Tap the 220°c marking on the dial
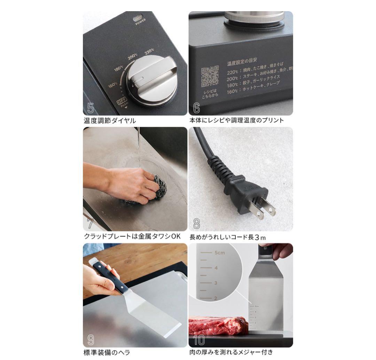pyautogui.click(x=149, y=52)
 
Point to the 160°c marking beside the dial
pyautogui.click(x=112, y=85)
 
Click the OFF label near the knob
pyautogui.click(x=122, y=101)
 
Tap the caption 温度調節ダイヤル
pyautogui.click(x=110, y=121)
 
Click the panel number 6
pyautogui.click(x=196, y=108)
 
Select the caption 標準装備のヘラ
pyautogui.click(x=107, y=352)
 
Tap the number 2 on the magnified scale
pyautogui.click(x=216, y=298)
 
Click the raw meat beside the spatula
pyautogui.click(x=218, y=326)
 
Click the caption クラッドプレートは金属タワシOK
pyautogui.click(x=132, y=236)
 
